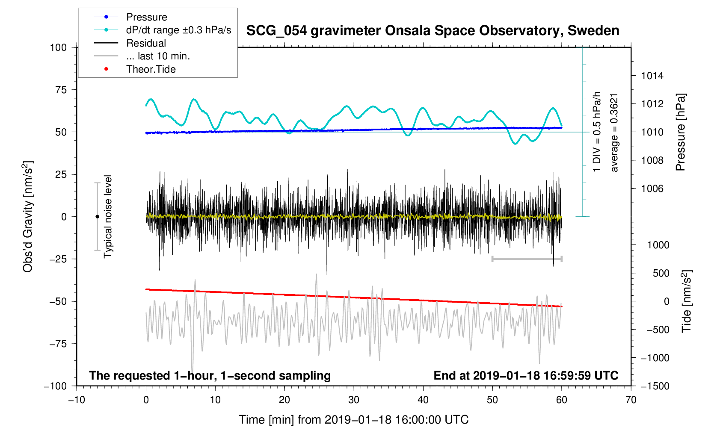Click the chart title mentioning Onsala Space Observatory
tap(433, 31)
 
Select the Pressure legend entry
tap(146, 17)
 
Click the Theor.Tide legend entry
tap(151, 69)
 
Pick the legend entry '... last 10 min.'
tap(158, 56)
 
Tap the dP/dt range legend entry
tap(178, 30)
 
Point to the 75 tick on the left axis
tap(58, 90)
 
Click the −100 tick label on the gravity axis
tap(55, 386)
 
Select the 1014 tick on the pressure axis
tap(652, 76)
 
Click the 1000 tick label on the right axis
tap(658, 245)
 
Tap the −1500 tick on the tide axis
tap(655, 386)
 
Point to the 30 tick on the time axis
tap(354, 400)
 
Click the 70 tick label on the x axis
tap(631, 400)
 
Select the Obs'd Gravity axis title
tap(28, 217)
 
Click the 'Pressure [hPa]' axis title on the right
tap(681, 133)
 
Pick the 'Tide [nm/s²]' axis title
tap(687, 301)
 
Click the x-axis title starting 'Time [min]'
tap(353, 420)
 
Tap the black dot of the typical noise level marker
tap(97, 217)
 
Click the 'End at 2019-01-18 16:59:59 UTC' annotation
tap(526, 376)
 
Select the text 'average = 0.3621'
tap(614, 133)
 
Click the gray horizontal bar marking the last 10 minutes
tap(527, 259)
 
